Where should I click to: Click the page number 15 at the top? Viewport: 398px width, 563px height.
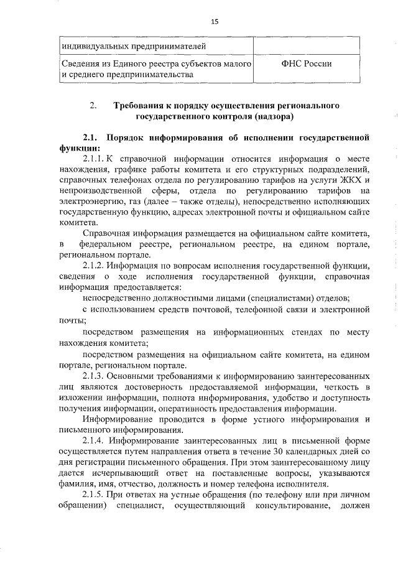click(215, 21)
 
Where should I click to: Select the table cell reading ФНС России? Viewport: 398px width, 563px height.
click(305, 63)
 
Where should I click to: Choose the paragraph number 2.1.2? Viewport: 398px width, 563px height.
click(94, 266)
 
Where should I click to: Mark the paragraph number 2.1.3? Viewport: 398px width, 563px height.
click(94, 376)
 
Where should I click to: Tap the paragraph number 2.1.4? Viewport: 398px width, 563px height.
click(94, 441)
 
